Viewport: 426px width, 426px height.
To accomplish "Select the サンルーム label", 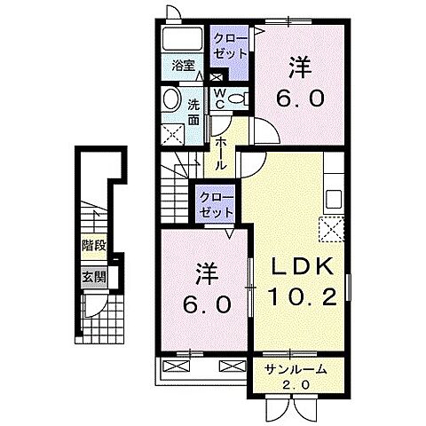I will click(x=296, y=368).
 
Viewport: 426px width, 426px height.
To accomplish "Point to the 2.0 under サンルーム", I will click(x=296, y=384).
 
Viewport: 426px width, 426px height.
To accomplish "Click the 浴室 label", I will click(x=184, y=66).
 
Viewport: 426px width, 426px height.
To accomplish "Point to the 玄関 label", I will click(x=92, y=276).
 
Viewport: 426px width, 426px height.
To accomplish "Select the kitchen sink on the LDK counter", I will click(x=335, y=196).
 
